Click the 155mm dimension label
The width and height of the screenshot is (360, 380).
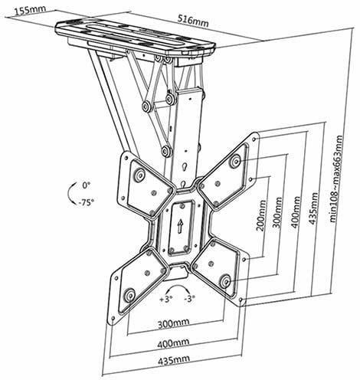30,10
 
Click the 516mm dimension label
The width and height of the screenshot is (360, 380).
193,21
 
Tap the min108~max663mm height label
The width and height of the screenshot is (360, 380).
335,179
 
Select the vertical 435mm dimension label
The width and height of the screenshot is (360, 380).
314,208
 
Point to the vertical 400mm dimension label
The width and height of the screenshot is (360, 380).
296,212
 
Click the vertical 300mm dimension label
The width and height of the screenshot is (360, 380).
278,213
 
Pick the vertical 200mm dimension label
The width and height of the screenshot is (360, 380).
260,216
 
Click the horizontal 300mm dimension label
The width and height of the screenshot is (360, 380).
173,323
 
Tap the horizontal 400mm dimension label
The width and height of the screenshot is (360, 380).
173,343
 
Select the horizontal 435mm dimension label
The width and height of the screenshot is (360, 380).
174,360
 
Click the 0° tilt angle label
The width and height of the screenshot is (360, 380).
87,185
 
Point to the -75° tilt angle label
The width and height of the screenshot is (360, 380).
86,202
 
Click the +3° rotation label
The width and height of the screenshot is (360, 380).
165,299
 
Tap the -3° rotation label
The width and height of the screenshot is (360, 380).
189,298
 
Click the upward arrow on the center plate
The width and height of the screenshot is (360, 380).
180,226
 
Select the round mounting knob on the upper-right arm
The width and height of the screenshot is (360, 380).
235,161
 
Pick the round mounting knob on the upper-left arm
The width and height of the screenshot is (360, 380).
139,175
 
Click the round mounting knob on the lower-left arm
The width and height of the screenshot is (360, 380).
129,296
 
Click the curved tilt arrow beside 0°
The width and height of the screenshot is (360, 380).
68,193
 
